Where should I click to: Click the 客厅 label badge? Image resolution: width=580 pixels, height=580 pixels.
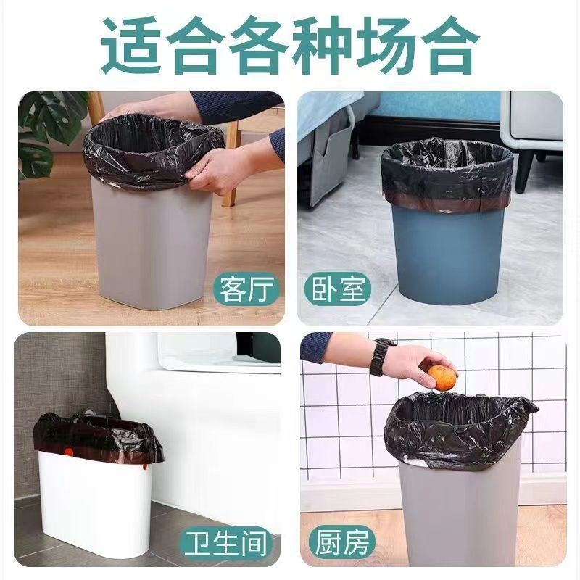point(246,289)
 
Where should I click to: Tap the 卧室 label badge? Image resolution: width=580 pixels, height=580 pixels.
point(338,289)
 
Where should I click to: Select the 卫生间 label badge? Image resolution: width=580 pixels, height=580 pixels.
point(225,543)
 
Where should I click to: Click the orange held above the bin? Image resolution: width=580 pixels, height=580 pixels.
point(442,377)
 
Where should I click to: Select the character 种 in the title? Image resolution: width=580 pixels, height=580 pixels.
point(321,45)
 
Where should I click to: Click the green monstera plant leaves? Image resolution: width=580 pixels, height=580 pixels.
point(44,133)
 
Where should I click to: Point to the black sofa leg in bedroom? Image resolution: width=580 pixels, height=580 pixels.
point(525,170)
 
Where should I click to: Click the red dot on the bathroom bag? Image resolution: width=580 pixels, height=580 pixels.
point(68,452)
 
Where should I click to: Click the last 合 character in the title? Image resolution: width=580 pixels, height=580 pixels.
point(447,45)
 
